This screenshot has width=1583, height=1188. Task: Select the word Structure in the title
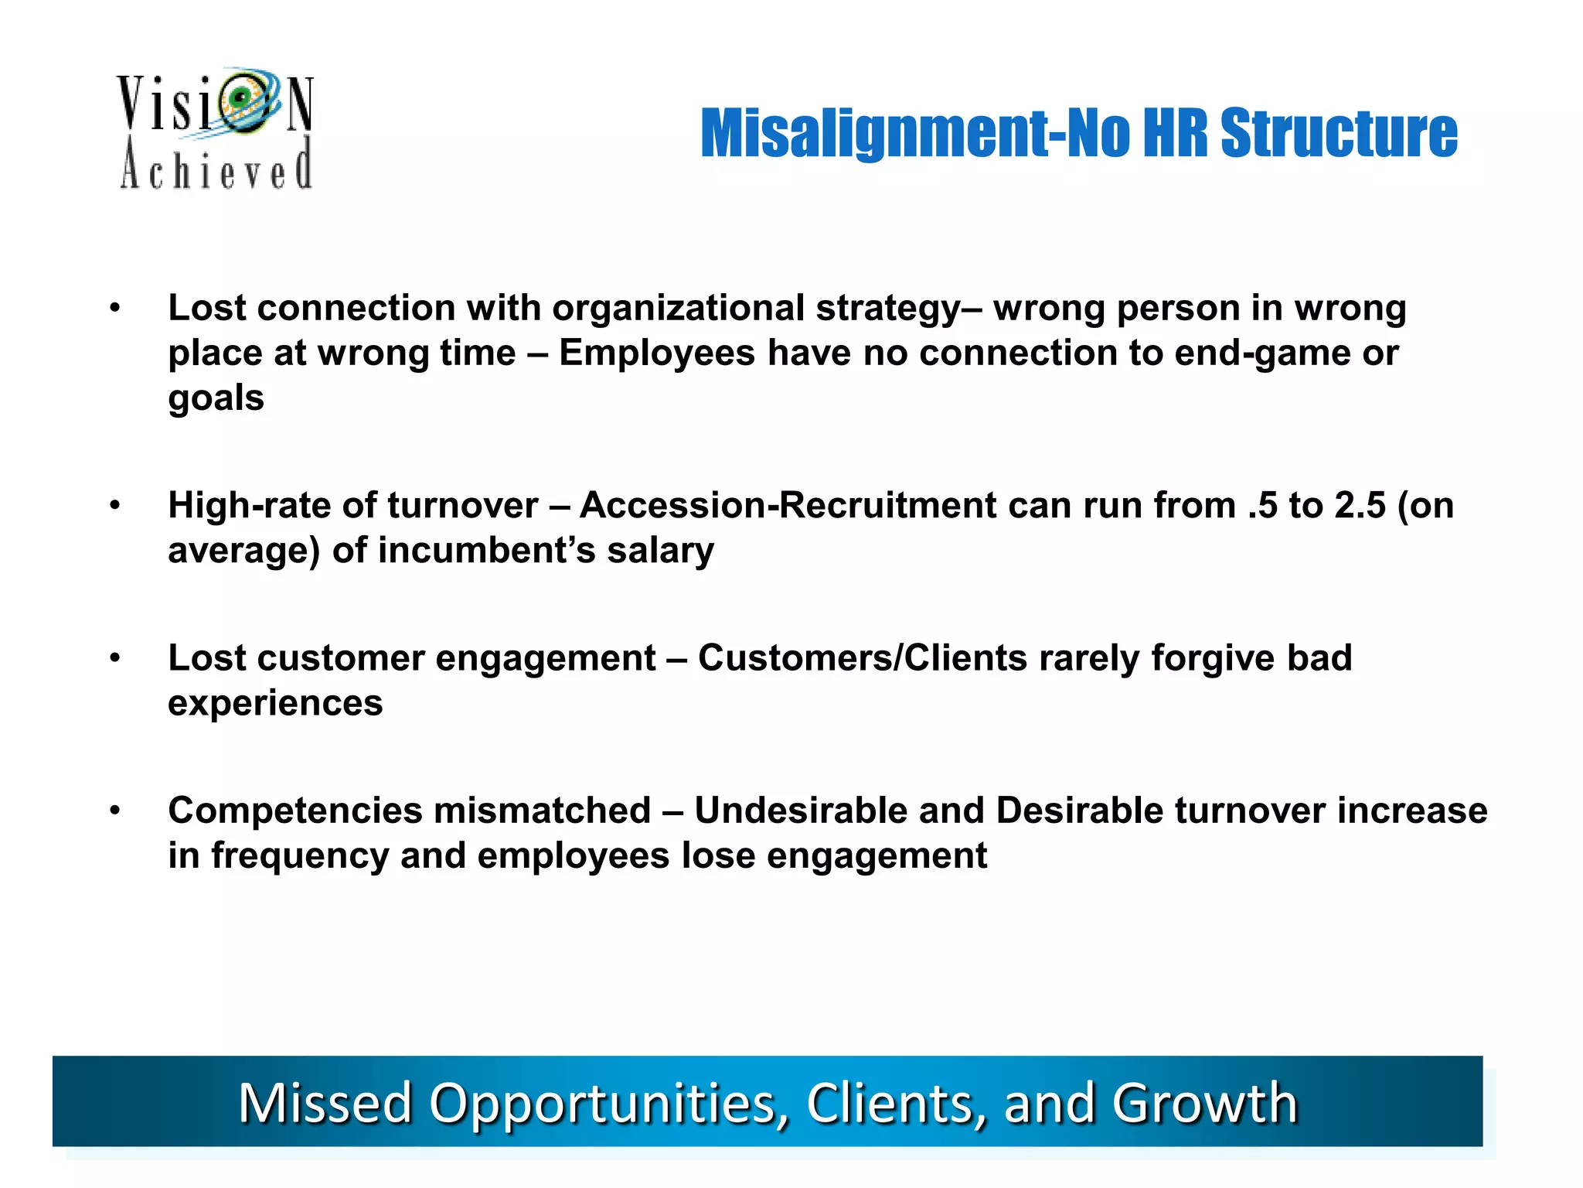pos(1339,133)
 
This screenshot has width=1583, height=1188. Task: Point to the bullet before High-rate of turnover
pos(115,506)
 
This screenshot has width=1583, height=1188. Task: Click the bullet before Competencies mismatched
pos(115,811)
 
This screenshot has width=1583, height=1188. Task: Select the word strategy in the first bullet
pos(889,309)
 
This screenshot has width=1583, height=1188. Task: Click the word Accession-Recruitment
pos(788,506)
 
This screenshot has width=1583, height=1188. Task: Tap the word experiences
pos(275,703)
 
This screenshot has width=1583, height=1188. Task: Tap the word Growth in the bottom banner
pos(1204,1103)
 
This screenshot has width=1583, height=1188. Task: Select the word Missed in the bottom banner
pos(325,1103)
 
